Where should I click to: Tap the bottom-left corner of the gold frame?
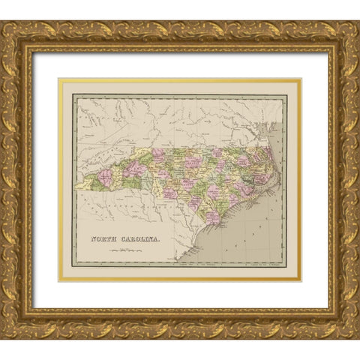pyautogui.click(x=2, y=337)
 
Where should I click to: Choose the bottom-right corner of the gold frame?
pyautogui.click(x=358, y=337)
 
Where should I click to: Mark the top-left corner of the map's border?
pyautogui.click(x=73, y=95)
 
